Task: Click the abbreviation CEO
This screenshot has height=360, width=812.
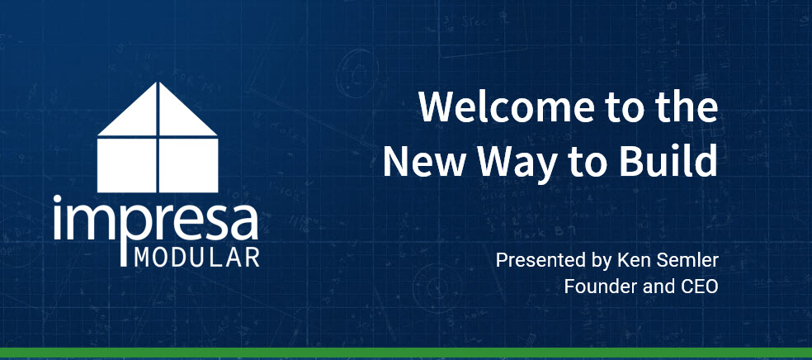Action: pos(700,287)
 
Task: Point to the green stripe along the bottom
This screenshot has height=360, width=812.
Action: pos(406,353)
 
